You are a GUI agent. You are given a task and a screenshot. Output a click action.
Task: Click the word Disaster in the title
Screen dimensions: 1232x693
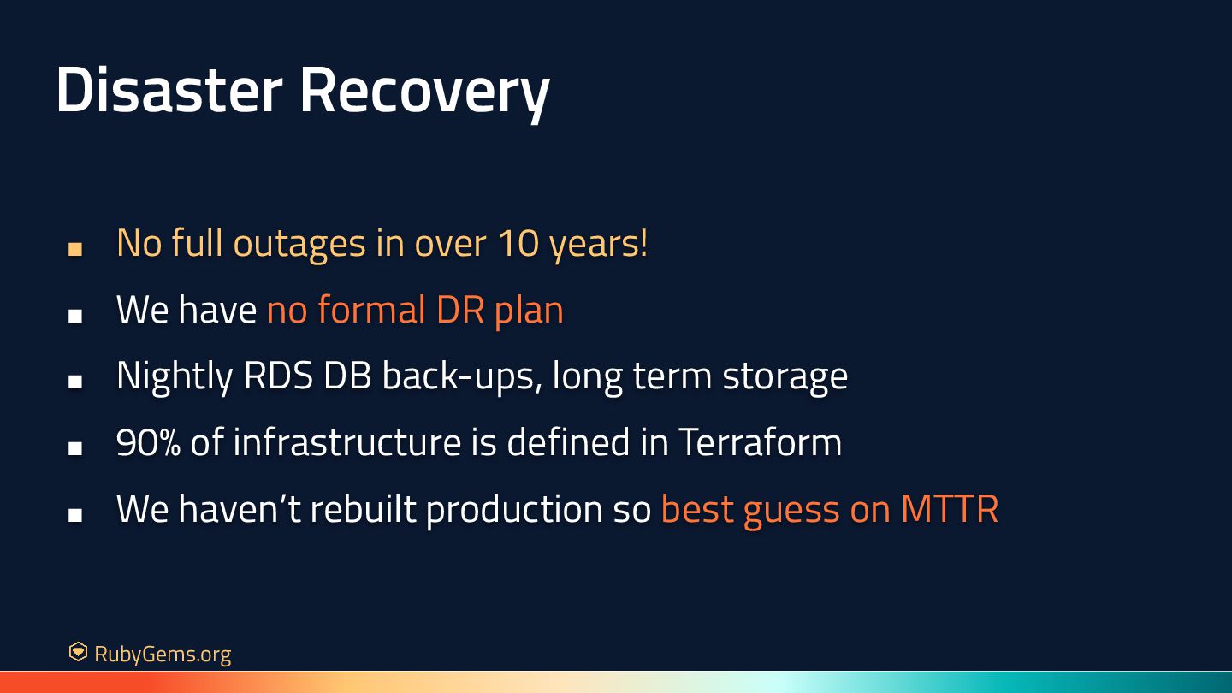169,90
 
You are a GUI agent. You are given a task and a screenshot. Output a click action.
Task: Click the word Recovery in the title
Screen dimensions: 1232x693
424,93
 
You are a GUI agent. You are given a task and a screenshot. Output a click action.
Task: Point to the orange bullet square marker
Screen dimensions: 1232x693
75,249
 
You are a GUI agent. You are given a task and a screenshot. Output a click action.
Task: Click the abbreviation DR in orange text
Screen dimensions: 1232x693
460,310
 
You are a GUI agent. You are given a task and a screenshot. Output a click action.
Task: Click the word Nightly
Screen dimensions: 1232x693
175,377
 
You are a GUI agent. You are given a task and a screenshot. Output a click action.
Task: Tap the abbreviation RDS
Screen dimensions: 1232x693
278,376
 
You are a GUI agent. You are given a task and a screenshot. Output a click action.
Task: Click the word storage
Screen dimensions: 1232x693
785,378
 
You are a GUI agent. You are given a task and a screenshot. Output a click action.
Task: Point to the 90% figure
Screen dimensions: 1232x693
149,442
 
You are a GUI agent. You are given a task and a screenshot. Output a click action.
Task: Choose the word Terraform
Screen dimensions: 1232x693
760,441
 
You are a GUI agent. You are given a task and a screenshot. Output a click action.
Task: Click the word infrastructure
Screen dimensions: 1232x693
347,441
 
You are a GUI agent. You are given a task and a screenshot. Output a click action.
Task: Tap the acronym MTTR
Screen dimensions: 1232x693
950,509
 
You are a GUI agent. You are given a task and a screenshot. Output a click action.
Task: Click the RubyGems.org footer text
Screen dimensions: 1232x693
163,654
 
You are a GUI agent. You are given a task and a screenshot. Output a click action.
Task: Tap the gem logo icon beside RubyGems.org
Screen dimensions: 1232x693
78,652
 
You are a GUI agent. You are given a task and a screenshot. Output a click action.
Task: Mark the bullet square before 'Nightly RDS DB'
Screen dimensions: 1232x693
75,382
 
